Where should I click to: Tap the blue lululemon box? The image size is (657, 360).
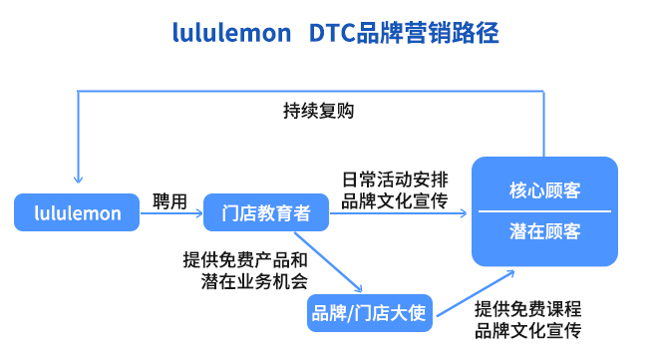[x=77, y=212]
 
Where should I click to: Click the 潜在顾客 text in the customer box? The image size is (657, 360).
[x=544, y=231]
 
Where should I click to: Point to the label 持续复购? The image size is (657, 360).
[x=318, y=111]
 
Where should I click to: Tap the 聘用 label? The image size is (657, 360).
[x=169, y=200]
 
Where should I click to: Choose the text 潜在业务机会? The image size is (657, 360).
[x=253, y=280]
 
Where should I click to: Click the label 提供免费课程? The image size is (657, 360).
[x=528, y=308]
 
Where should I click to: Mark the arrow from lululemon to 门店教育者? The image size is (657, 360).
[x=170, y=212]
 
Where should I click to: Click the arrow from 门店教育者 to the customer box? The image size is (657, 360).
[x=399, y=212]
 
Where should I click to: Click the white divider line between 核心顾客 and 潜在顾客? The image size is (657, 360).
[x=544, y=211]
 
